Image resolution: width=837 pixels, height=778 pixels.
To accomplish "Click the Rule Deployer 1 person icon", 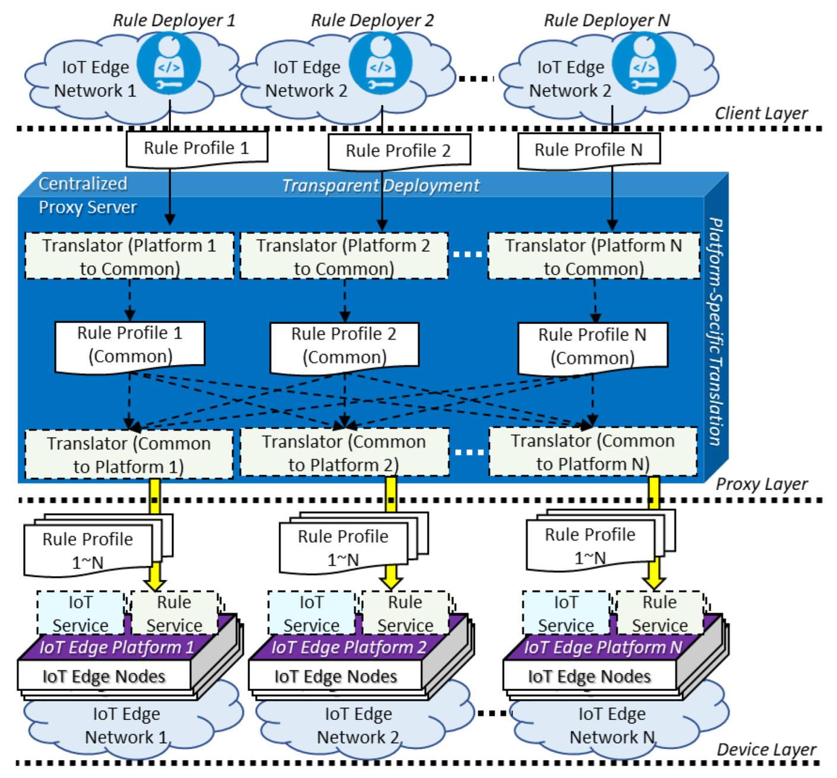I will (x=169, y=64).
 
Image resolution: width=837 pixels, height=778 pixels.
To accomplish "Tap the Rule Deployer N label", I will (x=607, y=20).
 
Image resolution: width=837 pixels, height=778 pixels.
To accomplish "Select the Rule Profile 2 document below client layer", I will (x=399, y=151).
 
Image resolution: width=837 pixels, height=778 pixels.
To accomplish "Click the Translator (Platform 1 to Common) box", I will (x=129, y=257).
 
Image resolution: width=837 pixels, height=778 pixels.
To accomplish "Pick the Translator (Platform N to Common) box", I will (x=593, y=257).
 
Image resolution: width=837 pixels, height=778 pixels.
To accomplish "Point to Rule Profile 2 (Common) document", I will (x=344, y=346).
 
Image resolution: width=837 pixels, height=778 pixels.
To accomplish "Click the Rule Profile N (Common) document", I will (x=592, y=347).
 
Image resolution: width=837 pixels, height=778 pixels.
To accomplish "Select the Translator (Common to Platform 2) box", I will (x=344, y=453).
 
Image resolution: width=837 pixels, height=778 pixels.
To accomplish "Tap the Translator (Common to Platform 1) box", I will (x=129, y=455).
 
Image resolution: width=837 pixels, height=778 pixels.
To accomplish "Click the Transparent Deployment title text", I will (x=380, y=186).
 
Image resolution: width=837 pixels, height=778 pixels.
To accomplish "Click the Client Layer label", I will (x=761, y=113).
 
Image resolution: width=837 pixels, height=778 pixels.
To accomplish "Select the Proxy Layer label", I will (x=762, y=484).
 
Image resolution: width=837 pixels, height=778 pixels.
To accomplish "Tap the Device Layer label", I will (x=766, y=749).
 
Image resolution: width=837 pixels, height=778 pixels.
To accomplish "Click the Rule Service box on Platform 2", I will (x=405, y=613).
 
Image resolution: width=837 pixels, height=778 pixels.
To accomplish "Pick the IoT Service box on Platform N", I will (x=566, y=613).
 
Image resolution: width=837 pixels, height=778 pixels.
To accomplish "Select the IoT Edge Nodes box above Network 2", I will (x=336, y=676).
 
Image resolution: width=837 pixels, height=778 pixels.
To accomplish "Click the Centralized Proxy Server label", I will (x=87, y=195).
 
